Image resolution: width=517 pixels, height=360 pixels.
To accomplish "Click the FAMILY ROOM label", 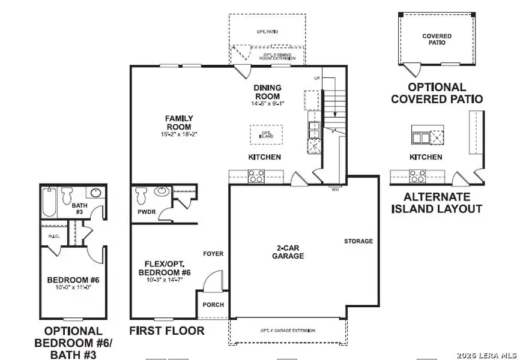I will coord(178,122).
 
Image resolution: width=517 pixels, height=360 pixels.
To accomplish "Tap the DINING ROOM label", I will coord(267,92).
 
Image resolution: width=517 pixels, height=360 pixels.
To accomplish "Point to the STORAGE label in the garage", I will coord(358,241).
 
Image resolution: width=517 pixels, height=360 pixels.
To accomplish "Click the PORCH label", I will coord(213,305).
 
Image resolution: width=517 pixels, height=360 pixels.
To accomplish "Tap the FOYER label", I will coord(213,254).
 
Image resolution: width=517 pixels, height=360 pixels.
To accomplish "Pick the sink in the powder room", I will coord(162,191).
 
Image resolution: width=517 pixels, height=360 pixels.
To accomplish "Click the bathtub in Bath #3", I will coord(49,203).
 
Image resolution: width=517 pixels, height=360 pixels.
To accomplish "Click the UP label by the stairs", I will coord(316,79).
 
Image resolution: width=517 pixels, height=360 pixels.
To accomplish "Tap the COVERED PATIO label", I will coord(437,40).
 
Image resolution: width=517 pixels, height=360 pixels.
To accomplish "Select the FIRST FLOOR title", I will coord(167,331).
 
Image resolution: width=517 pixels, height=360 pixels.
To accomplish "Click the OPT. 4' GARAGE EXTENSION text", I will coord(287,331).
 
